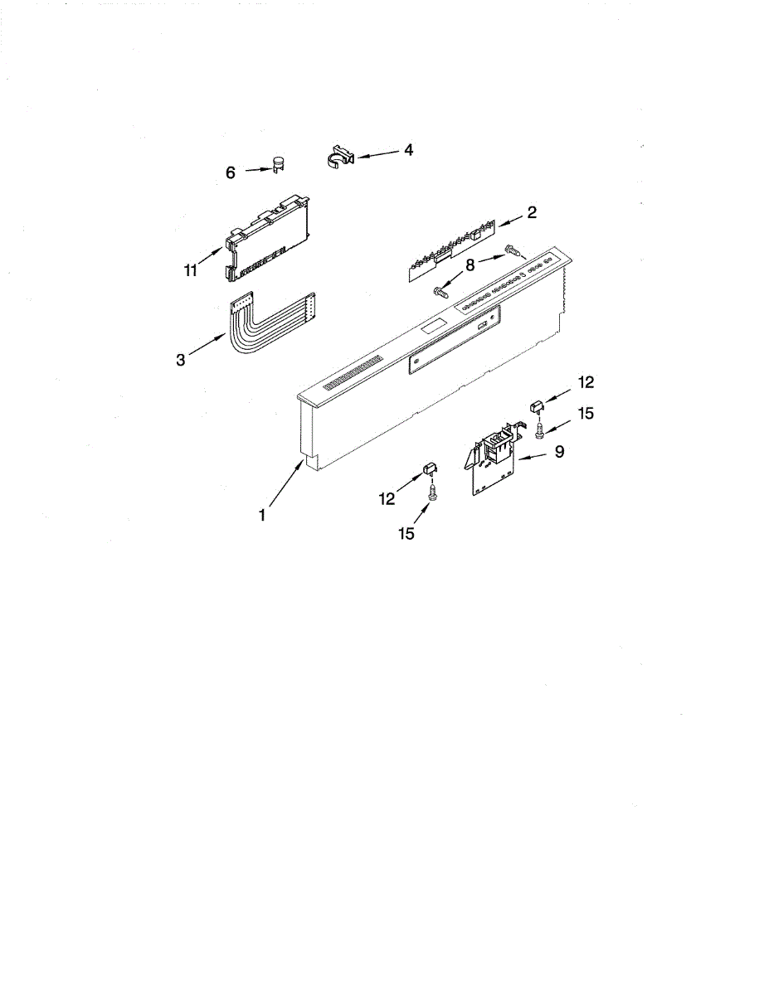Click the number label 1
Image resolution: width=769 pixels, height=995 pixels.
261,516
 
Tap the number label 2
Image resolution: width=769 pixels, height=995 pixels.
531,213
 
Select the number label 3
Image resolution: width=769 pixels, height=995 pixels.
181,359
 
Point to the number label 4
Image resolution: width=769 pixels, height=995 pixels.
408,150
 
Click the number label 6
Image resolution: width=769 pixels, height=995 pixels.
231,172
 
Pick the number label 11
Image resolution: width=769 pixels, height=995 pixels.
191,269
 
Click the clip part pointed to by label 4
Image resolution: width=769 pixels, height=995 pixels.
337,155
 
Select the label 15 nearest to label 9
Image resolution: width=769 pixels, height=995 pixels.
585,413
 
